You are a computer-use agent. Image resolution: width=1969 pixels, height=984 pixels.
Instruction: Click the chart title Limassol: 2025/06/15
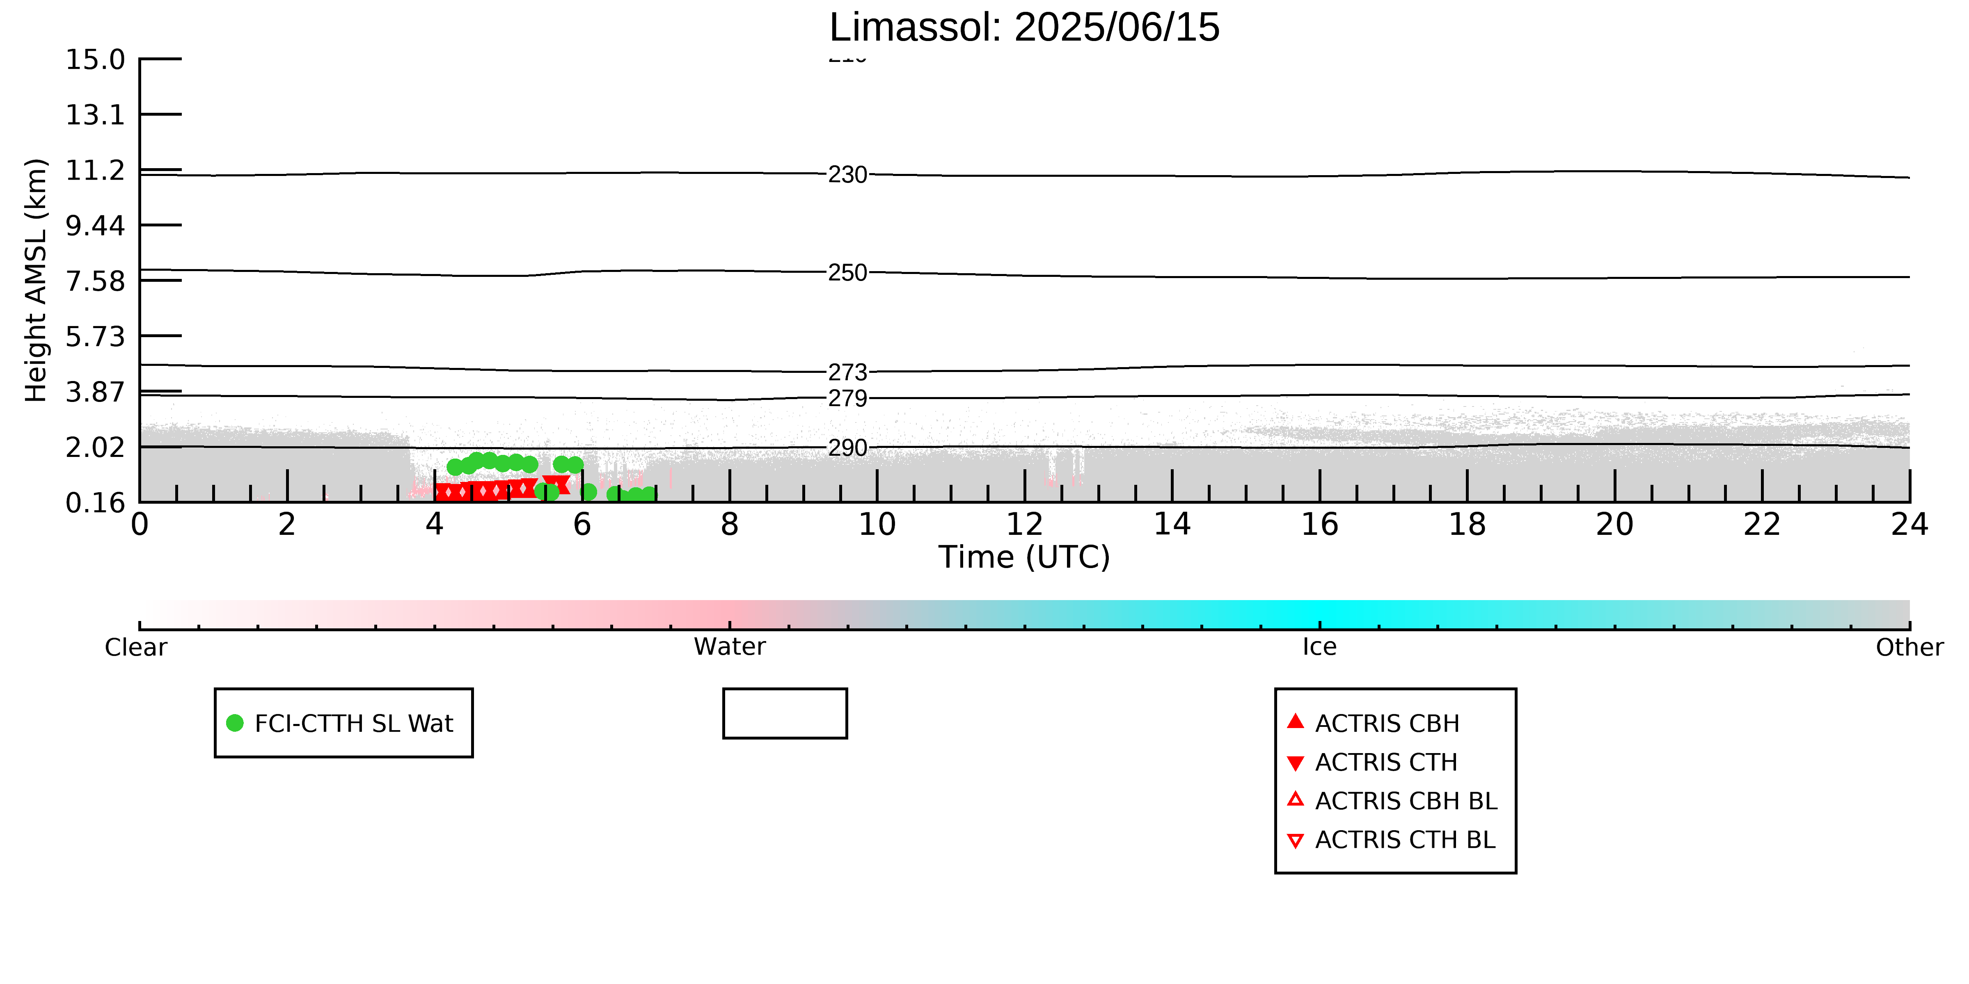pos(1024,27)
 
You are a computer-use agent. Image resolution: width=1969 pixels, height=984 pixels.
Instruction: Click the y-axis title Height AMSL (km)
pos(36,281)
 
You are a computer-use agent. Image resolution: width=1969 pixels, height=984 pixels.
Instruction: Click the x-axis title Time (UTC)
pos(1024,557)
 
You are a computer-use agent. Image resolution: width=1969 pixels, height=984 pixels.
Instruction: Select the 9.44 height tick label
pos(95,225)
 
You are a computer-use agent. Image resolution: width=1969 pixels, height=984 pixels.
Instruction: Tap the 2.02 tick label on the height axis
pos(95,447)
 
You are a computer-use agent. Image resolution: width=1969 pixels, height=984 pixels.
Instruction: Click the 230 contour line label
pos(848,175)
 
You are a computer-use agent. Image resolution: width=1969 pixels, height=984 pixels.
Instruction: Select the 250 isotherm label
pos(848,273)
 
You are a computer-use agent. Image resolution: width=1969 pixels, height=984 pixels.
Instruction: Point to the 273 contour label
pos(848,372)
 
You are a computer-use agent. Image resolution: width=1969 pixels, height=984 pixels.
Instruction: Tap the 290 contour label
pos(848,447)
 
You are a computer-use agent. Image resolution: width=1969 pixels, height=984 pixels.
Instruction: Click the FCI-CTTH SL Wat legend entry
pos(341,723)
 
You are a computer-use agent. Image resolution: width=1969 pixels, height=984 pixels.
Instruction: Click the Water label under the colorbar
pos(729,647)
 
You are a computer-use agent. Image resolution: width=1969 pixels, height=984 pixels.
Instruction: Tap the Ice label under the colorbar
pos(1319,647)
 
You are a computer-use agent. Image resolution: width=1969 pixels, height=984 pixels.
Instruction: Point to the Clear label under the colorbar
pos(136,647)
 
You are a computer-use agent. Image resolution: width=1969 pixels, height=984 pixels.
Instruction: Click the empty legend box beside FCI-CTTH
pos(785,690)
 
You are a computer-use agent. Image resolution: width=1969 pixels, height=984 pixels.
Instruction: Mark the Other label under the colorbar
pos(1909,647)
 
